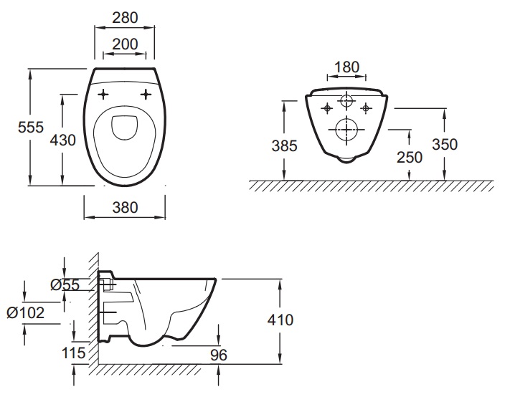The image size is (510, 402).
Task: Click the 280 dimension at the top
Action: tap(125, 16)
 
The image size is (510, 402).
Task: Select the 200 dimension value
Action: tap(125, 44)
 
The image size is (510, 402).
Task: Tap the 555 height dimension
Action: tap(31, 126)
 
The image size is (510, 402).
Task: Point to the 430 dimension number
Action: tap(62, 140)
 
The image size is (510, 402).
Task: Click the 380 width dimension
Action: tap(125, 208)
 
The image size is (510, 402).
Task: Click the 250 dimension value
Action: tap(409, 158)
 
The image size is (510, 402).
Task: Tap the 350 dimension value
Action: tap(445, 143)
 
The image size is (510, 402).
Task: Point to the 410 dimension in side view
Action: tap(280, 320)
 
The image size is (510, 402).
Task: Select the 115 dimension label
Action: tap(74, 353)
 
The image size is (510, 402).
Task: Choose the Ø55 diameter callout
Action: tap(65, 285)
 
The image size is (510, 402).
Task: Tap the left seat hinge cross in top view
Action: tap(103, 94)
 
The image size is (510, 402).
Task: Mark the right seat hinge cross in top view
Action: tap(148, 94)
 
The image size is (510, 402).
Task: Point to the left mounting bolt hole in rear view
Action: tap(327, 107)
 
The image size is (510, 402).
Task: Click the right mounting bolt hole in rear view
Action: tap(366, 107)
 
